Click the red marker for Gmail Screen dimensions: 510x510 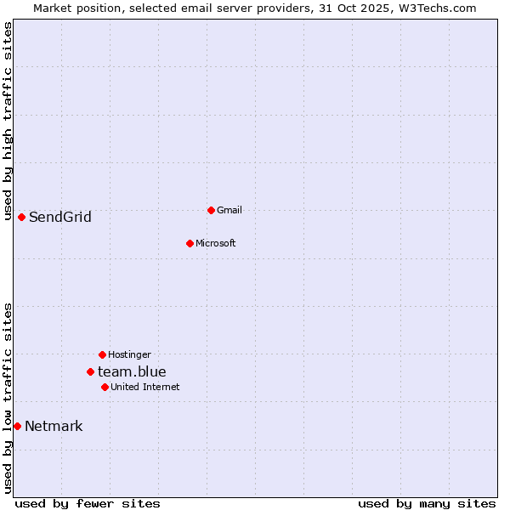(211, 210)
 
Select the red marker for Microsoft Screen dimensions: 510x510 (190, 243)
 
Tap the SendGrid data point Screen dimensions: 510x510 (21, 217)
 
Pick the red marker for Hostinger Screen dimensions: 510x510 (102, 354)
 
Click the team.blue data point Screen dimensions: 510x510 (90, 371)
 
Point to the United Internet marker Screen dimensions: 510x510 (105, 387)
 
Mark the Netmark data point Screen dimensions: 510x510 (17, 426)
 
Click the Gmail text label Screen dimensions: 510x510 (229, 210)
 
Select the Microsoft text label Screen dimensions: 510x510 (216, 243)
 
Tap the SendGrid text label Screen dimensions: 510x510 (60, 217)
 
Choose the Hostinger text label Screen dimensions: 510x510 (129, 354)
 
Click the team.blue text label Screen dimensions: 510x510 (132, 371)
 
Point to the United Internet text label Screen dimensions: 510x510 (145, 387)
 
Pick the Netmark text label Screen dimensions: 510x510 (54, 426)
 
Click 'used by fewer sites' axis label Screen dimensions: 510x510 (88, 503)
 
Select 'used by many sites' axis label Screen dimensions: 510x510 (427, 503)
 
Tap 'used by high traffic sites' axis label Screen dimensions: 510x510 (8, 121)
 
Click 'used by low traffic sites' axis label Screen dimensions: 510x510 (8, 398)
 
